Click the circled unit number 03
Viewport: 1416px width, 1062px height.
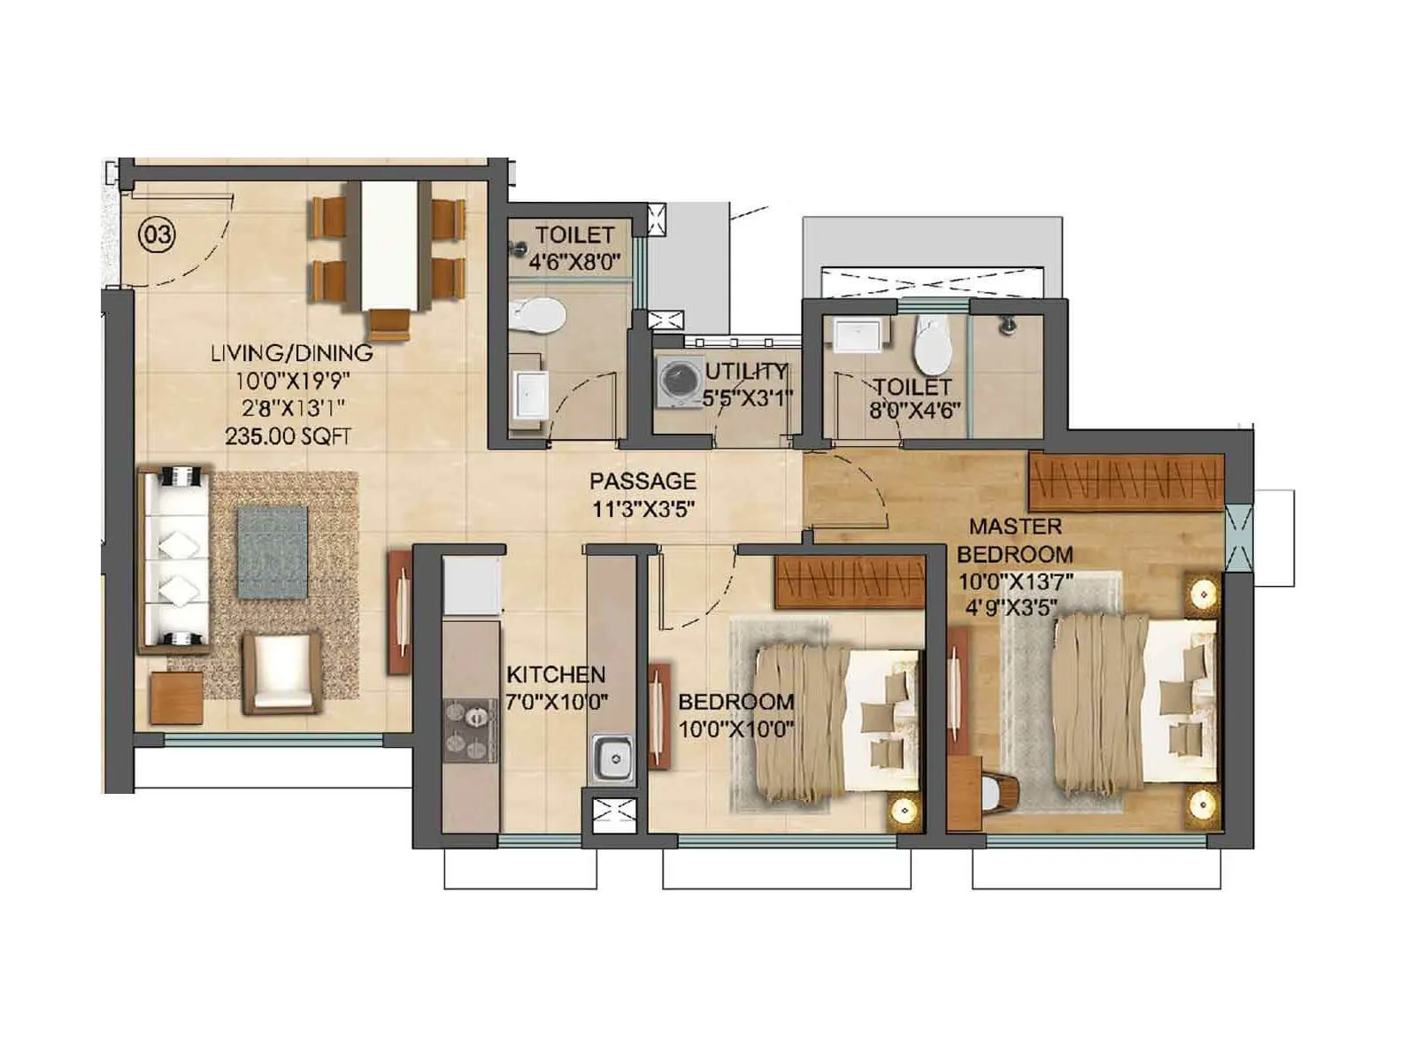(x=158, y=235)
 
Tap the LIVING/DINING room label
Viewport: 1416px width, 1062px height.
(x=291, y=353)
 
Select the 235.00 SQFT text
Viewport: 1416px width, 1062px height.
(x=288, y=436)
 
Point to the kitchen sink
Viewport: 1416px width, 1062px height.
(x=612, y=759)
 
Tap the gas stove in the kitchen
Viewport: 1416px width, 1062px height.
(x=470, y=731)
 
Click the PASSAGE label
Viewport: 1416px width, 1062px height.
(x=643, y=481)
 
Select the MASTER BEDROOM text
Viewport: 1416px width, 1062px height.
(x=1015, y=541)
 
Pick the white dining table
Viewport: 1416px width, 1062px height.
(x=389, y=243)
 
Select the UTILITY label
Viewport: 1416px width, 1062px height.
(x=746, y=372)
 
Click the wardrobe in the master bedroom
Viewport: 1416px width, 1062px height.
(x=1126, y=481)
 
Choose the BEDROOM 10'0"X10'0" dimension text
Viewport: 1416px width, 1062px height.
(x=735, y=729)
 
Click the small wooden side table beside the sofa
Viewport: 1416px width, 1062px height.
(x=176, y=697)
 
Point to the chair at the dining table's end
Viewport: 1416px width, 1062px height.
(x=389, y=323)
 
